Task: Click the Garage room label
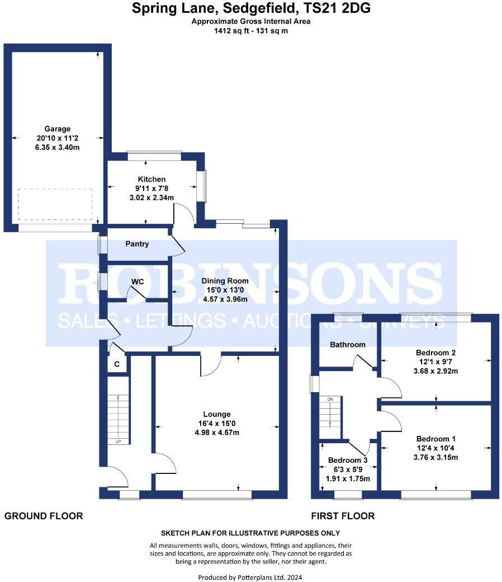click(x=58, y=128)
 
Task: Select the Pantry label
click(x=137, y=244)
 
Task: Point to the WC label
click(x=138, y=281)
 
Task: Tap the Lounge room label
click(x=216, y=414)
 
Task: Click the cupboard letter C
click(x=117, y=365)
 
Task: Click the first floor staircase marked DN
click(x=330, y=417)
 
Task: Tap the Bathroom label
click(x=347, y=345)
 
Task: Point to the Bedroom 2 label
click(x=436, y=353)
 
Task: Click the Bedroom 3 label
click(x=348, y=461)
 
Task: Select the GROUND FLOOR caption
click(x=44, y=516)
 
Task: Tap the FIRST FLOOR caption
click(x=343, y=516)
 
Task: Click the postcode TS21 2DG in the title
click(x=338, y=8)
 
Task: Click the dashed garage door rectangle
click(x=55, y=205)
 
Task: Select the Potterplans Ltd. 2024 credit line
click(x=250, y=577)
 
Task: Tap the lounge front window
click(x=217, y=494)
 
